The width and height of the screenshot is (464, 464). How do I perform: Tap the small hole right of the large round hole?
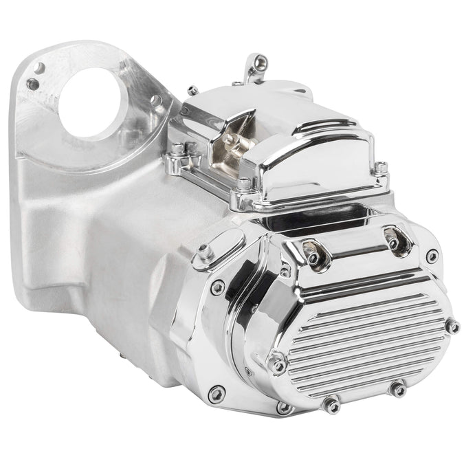(156, 100)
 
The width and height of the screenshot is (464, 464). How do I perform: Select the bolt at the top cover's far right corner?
(381, 166)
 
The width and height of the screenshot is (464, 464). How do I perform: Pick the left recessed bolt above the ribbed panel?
(313, 257)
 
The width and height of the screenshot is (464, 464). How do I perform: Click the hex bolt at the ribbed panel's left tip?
(278, 363)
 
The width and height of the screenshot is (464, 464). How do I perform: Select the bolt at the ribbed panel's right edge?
(452, 326)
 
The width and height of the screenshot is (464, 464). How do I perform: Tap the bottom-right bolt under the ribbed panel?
(398, 389)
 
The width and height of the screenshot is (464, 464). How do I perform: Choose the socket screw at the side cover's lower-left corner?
(218, 394)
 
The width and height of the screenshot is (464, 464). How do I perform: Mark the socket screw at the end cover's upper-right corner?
(432, 256)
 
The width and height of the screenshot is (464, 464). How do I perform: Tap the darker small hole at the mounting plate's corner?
(32, 85)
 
